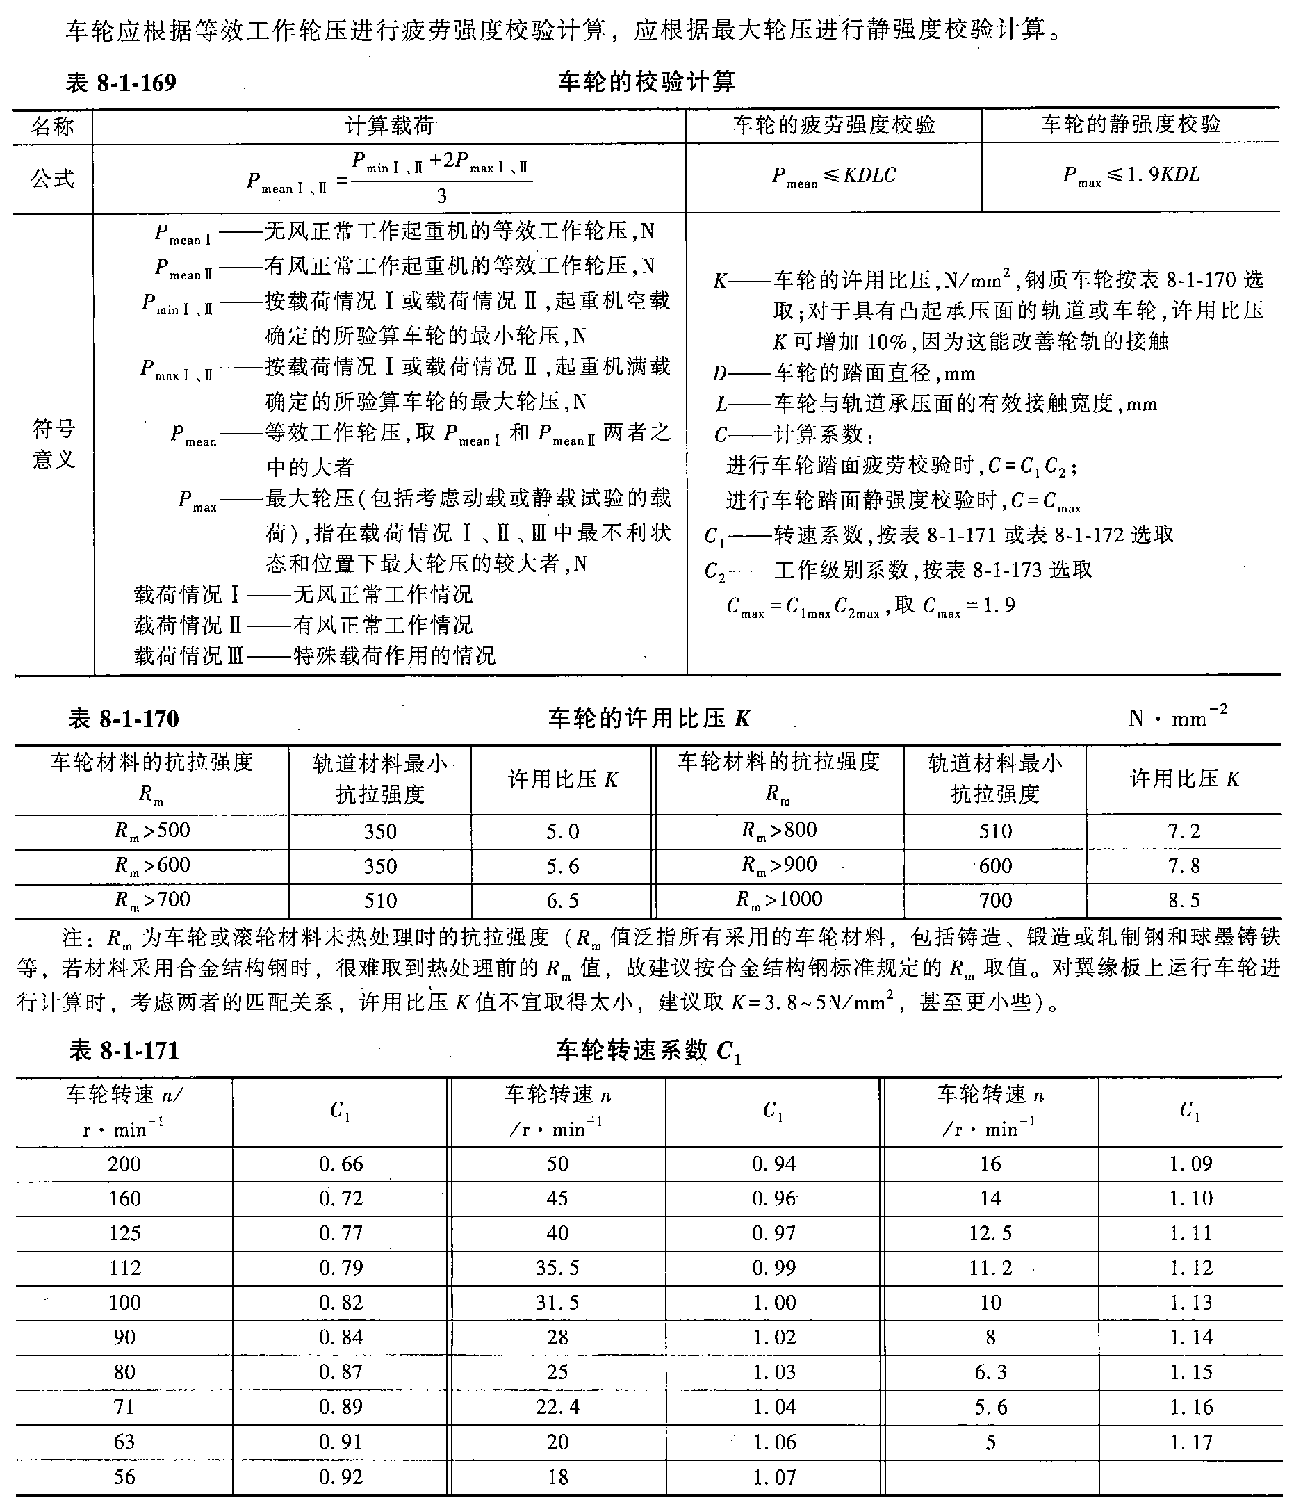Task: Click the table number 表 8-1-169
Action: (122, 83)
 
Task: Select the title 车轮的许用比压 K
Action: (648, 719)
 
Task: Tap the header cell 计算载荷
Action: (389, 127)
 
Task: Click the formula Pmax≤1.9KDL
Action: (1131, 176)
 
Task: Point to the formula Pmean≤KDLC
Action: (833, 176)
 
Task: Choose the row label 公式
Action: (52, 178)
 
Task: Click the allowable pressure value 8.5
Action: (1184, 900)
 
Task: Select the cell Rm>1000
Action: (778, 899)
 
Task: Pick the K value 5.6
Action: (562, 865)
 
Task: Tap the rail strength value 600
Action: (994, 865)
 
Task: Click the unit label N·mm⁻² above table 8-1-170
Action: (1177, 718)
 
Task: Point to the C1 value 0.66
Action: (341, 1164)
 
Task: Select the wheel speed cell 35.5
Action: (557, 1268)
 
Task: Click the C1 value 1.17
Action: (1190, 1442)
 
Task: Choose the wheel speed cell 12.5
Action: (990, 1233)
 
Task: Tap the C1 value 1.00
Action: (773, 1303)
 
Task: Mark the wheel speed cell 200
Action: (124, 1164)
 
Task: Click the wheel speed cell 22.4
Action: (557, 1407)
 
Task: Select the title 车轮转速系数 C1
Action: (648, 1051)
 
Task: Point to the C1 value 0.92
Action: (341, 1476)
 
